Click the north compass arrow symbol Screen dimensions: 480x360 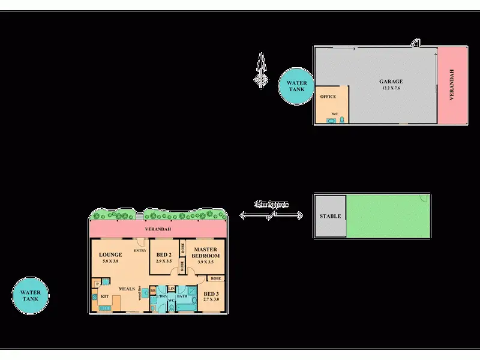point(261,71)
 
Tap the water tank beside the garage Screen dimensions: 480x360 point(295,86)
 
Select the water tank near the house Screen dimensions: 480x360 point(30,296)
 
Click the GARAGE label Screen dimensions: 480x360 point(390,82)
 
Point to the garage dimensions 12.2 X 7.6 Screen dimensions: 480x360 point(390,88)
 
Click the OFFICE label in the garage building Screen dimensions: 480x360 point(328,96)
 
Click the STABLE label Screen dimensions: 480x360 point(330,217)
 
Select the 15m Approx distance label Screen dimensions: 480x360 point(271,205)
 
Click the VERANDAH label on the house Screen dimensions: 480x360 point(158,230)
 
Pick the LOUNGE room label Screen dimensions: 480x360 point(110,254)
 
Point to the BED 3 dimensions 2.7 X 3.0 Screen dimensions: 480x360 point(212,299)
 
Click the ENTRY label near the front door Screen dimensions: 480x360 point(141,250)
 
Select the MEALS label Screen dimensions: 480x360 point(126,289)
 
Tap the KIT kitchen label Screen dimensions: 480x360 point(103,296)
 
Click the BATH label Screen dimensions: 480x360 point(183,296)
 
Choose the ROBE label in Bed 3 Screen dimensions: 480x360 point(215,278)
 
